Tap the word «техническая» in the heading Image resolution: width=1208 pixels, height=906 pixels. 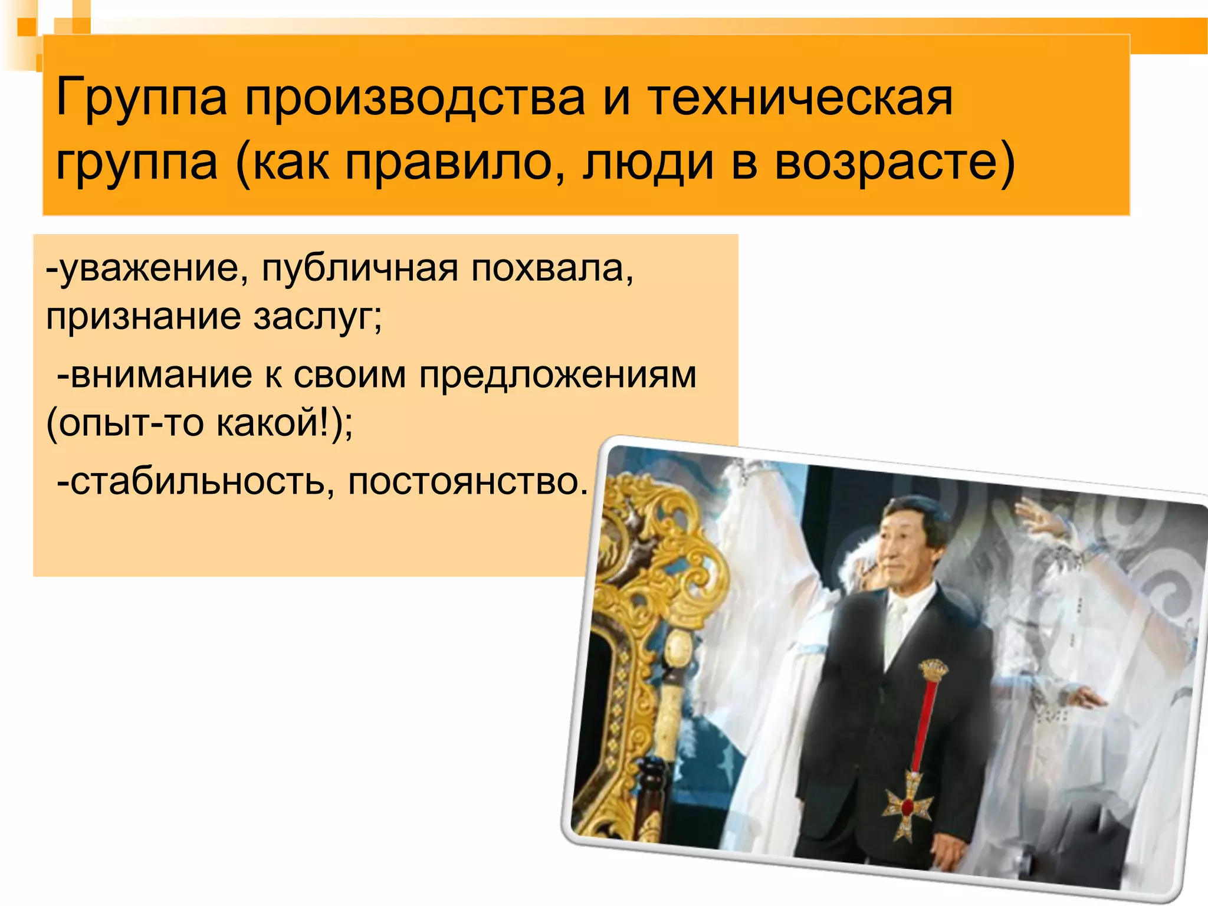[x=800, y=98]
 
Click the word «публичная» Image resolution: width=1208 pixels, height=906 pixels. [x=360, y=270]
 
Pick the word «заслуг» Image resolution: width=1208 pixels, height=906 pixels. [x=317, y=317]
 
